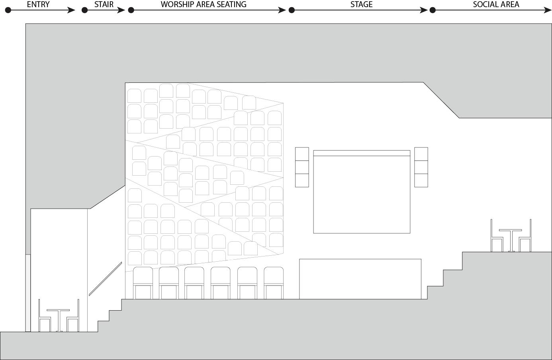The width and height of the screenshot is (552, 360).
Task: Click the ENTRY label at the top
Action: pyautogui.click(x=38, y=5)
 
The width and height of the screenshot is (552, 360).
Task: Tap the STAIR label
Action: pyautogui.click(x=104, y=5)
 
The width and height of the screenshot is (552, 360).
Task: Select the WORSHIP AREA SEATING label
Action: pyautogui.click(x=204, y=5)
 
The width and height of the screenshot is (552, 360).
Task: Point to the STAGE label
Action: pyautogui.click(x=361, y=5)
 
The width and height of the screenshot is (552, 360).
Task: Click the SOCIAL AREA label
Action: pyautogui.click(x=496, y=5)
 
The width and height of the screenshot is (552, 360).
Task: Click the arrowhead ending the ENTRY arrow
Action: pyautogui.click(x=72, y=10)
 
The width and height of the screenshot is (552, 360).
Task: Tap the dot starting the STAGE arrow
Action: pyautogui.click(x=292, y=10)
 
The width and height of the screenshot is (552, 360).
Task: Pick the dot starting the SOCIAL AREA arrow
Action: pyautogui.click(x=433, y=10)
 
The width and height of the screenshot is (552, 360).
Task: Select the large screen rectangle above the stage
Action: pyautogui.click(x=362, y=193)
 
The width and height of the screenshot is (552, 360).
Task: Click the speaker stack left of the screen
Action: pyautogui.click(x=302, y=167)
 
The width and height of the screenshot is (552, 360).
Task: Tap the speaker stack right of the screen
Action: pyautogui.click(x=421, y=167)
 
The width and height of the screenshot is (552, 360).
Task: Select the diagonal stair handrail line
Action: pyautogui.click(x=105, y=279)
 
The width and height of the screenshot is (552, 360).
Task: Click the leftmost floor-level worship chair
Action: pyautogui.click(x=143, y=283)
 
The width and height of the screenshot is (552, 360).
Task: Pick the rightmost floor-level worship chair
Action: pyautogui.click(x=274, y=283)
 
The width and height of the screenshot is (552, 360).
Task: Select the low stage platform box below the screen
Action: pyautogui.click(x=360, y=279)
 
